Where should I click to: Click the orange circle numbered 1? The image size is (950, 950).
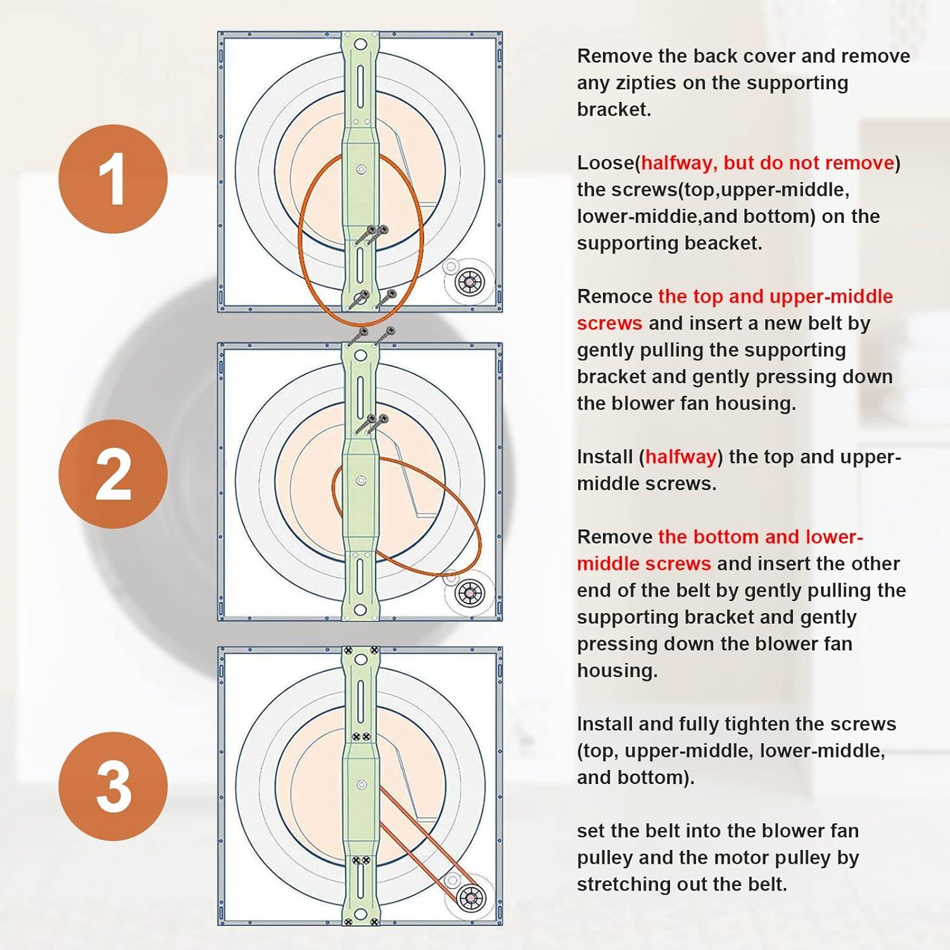coord(113,179)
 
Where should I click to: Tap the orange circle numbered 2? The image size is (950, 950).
coord(113,474)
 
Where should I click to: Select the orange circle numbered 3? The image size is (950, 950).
coord(113,786)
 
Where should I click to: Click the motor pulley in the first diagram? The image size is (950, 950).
coord(470,282)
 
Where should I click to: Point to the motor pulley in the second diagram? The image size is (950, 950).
coord(470,593)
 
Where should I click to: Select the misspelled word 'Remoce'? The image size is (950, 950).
coord(614,296)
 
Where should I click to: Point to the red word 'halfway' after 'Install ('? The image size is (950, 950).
coord(681,457)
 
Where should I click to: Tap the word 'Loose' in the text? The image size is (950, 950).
coord(607,163)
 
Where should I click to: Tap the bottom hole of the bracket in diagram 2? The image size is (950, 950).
coord(360,610)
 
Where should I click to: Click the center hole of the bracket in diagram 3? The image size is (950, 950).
coord(361,785)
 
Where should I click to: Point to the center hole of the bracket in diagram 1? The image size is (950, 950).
coord(360,170)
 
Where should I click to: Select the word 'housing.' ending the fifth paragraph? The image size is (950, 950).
coord(617,671)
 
